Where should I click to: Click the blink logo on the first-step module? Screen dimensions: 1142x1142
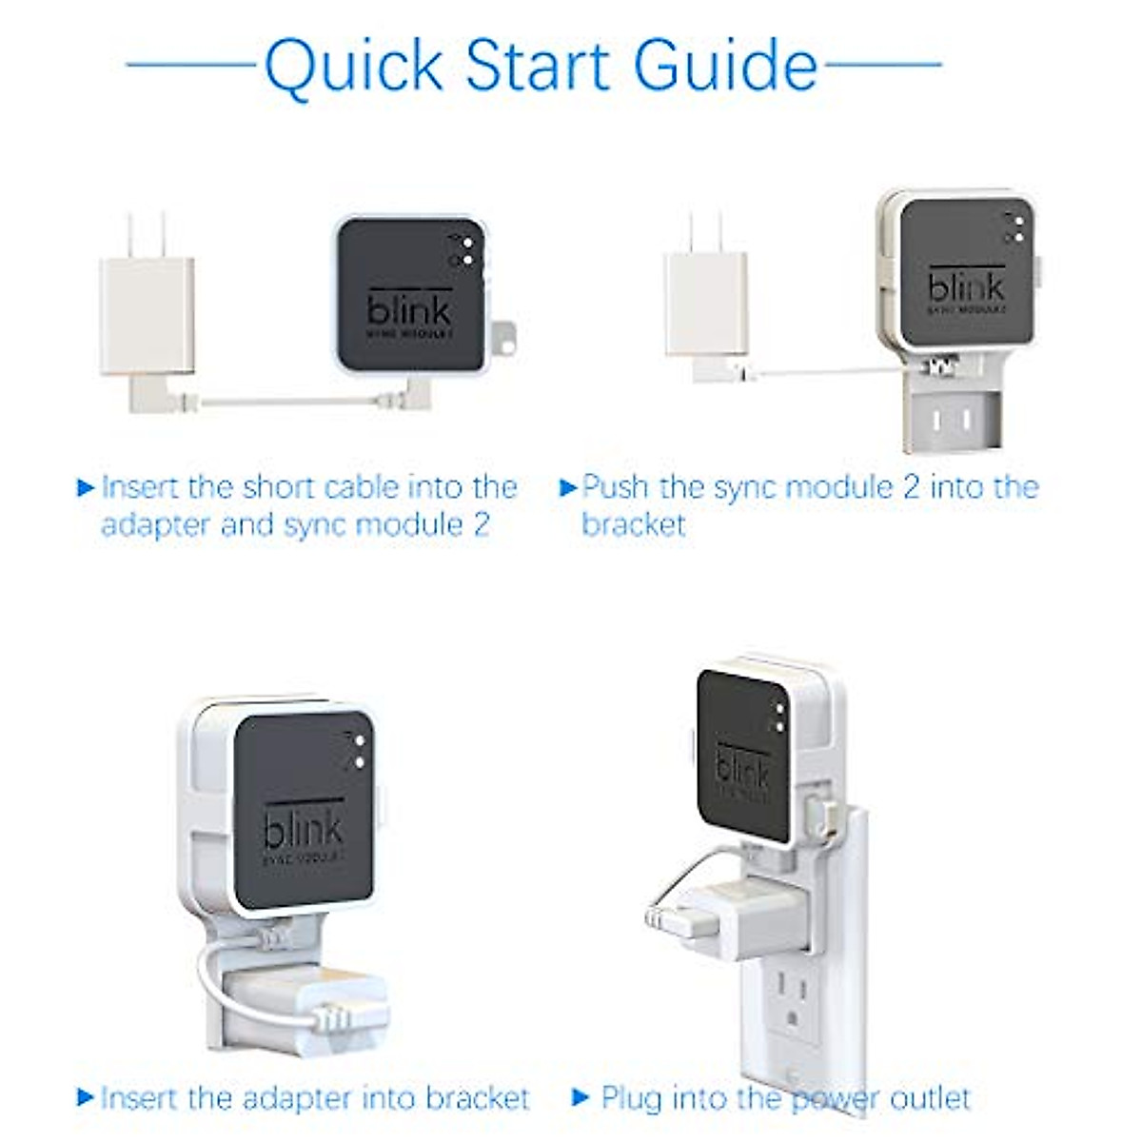point(409,308)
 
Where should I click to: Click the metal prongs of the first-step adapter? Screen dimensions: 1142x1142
point(148,234)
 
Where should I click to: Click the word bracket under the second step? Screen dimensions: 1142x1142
point(634,524)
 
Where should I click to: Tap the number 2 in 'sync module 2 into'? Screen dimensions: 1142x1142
point(911,487)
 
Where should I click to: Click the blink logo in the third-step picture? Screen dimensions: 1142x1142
point(303,830)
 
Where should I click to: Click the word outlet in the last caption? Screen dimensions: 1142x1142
point(929,1097)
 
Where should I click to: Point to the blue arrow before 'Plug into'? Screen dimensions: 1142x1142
point(581,1097)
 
